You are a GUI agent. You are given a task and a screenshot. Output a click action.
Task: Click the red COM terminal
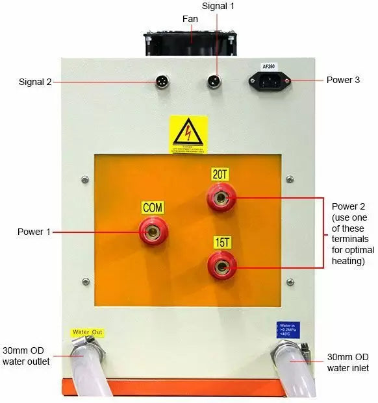click(153, 230)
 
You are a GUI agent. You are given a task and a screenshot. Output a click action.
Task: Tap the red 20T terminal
click(222, 196)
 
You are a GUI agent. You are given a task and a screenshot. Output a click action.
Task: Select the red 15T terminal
click(222, 264)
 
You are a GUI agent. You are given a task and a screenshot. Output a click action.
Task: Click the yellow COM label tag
click(153, 208)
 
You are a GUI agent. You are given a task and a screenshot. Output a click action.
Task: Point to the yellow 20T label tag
click(221, 173)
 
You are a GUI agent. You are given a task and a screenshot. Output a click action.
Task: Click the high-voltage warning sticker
click(189, 135)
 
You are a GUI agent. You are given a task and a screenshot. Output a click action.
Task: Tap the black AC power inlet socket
click(269, 82)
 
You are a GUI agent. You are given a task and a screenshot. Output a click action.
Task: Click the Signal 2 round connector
click(162, 82)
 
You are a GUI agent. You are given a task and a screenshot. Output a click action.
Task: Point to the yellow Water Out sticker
click(88, 332)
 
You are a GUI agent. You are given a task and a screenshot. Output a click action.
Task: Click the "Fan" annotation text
click(190, 19)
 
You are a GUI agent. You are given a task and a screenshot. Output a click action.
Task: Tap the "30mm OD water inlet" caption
click(348, 362)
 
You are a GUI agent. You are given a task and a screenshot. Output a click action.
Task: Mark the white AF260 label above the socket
click(270, 67)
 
